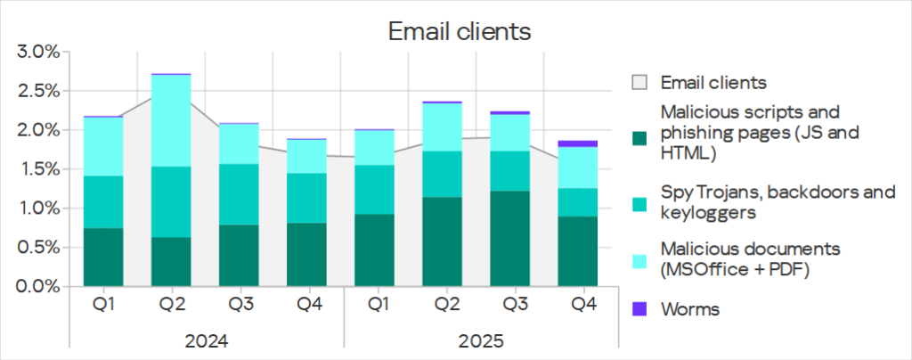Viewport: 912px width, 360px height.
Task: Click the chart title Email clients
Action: (x=459, y=31)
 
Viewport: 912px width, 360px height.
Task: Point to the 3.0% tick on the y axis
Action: (x=38, y=52)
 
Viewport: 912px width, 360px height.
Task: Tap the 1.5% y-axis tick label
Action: (x=38, y=169)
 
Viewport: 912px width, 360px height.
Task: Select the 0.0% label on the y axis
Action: (x=38, y=287)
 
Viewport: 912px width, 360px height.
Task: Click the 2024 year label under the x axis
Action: (x=207, y=341)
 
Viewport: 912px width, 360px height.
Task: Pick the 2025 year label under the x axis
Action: (x=481, y=341)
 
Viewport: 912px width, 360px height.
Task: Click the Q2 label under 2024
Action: (x=172, y=305)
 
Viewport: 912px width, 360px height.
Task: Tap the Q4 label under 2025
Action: (x=583, y=305)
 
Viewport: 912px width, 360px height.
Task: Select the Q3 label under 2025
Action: (x=515, y=305)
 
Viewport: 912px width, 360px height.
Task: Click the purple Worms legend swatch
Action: (x=639, y=309)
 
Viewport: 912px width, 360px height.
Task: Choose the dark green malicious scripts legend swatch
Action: (x=639, y=139)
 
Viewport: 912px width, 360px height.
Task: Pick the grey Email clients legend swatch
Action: (x=639, y=83)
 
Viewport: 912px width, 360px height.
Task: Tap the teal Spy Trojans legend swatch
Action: (x=639, y=204)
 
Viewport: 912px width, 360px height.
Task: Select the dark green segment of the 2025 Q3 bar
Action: (x=515, y=239)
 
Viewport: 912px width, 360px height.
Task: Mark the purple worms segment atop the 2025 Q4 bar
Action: (x=583, y=143)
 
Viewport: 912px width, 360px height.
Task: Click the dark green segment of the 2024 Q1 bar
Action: (x=103, y=258)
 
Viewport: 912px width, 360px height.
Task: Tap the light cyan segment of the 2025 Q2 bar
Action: (x=446, y=127)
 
